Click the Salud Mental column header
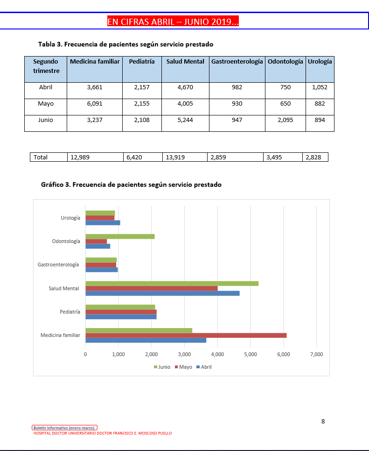coord(185,62)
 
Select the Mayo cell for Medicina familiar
coord(94,104)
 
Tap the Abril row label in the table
coord(46,87)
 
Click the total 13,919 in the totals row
coord(175,157)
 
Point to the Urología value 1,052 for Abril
coord(320,87)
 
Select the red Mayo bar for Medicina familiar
coord(186,335)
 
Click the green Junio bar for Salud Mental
coord(172,283)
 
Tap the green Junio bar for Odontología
coord(120,236)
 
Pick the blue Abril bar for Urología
coord(103,222)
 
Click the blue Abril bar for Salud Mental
coord(162,293)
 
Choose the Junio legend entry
coord(162,367)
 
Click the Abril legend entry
coord(203,367)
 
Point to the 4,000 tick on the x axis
coord(217,354)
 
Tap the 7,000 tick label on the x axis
coord(316,354)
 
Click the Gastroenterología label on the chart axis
coord(58,265)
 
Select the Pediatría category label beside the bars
coord(70,312)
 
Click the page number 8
coord(323,421)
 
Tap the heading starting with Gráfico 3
coord(131,185)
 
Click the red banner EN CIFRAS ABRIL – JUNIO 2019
coord(173,21)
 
